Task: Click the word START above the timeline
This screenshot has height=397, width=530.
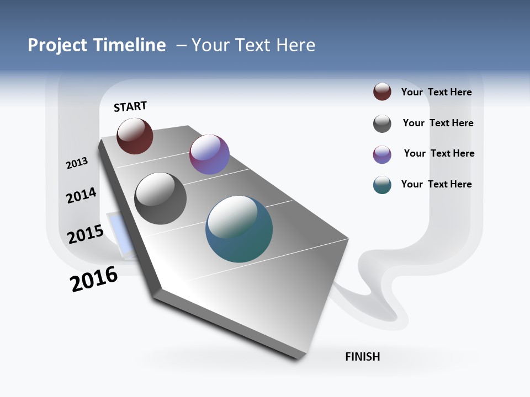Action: point(130,106)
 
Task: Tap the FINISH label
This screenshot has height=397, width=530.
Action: point(362,357)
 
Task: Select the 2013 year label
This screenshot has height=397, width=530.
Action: point(77,163)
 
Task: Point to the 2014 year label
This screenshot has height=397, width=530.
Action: point(81,196)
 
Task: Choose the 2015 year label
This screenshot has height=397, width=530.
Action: point(85,234)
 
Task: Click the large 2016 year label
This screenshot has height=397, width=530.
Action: point(94,280)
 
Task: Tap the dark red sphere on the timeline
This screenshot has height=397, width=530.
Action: point(135,136)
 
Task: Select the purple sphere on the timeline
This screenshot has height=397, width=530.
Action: point(209,154)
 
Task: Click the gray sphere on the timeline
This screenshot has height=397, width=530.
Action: point(161,198)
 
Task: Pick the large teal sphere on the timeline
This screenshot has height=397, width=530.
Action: point(239,229)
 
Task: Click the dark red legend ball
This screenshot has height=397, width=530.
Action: point(382,92)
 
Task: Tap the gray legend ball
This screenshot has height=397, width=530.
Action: point(382,124)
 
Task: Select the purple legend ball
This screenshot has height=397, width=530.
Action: point(382,154)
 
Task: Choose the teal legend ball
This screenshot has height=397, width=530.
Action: point(382,185)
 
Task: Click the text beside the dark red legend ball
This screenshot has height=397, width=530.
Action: point(436,92)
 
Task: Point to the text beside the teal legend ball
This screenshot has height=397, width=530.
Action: point(436,184)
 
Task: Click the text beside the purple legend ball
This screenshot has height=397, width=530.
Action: point(439,153)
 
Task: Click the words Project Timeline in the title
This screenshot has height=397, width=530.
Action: point(97,45)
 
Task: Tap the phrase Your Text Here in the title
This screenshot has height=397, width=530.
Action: point(253,45)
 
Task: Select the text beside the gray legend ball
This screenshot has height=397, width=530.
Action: point(438,123)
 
